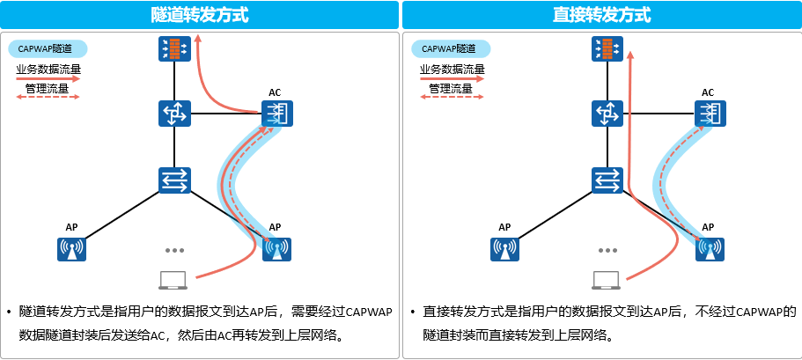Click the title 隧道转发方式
[200, 15]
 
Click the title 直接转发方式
[602, 15]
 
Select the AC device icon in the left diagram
[276, 114]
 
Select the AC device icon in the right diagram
[709, 114]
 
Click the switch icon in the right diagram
[607, 180]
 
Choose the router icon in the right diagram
[607, 114]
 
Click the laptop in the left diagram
[173, 281]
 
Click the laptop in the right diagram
[605, 281]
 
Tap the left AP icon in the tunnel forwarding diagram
[71, 249]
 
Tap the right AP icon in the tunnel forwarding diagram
[276, 249]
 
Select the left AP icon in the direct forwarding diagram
[504, 249]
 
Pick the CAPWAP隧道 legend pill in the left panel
[48, 49]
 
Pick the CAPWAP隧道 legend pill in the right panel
[450, 49]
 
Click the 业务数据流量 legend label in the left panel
[48, 70]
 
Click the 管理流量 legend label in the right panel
[452, 89]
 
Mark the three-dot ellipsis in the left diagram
[173, 250]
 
